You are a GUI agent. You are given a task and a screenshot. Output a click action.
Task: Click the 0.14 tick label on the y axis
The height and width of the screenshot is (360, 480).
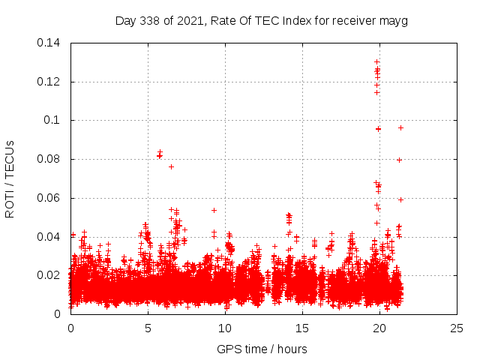[51, 43]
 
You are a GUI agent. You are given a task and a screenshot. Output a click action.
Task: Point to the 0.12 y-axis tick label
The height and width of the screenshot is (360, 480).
[51, 82]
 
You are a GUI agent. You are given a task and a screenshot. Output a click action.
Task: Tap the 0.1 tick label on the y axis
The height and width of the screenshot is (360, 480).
[55, 120]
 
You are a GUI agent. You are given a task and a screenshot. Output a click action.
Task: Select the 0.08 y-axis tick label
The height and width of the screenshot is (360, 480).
[51, 159]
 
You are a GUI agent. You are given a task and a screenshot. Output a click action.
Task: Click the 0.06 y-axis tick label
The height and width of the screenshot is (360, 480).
[51, 198]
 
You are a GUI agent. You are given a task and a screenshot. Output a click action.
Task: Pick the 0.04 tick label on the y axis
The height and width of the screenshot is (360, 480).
[51, 237]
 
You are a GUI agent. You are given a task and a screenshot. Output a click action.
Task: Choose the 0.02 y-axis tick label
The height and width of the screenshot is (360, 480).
[51, 275]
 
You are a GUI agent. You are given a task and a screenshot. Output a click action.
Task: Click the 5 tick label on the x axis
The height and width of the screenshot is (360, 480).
[148, 328]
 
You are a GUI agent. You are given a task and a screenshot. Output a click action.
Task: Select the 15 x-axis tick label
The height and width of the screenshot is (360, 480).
[302, 328]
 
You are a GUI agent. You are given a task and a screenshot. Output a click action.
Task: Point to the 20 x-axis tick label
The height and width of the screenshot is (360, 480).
[379, 328]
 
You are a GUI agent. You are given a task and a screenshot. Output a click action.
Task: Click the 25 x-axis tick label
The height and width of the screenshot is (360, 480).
[457, 328]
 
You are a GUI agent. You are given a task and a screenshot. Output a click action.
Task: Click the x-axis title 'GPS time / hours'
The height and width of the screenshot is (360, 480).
[262, 349]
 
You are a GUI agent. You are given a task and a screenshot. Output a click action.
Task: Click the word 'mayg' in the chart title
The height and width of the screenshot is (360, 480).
[394, 20]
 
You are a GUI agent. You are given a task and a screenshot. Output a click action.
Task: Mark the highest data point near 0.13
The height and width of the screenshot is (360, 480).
[376, 61]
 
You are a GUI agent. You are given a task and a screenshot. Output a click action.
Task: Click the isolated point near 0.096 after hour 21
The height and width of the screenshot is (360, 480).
[400, 127]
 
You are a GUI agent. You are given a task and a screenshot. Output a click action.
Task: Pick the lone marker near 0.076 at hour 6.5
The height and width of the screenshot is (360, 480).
[171, 166]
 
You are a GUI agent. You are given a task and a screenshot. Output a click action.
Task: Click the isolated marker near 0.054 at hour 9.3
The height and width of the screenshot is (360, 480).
[214, 210]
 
